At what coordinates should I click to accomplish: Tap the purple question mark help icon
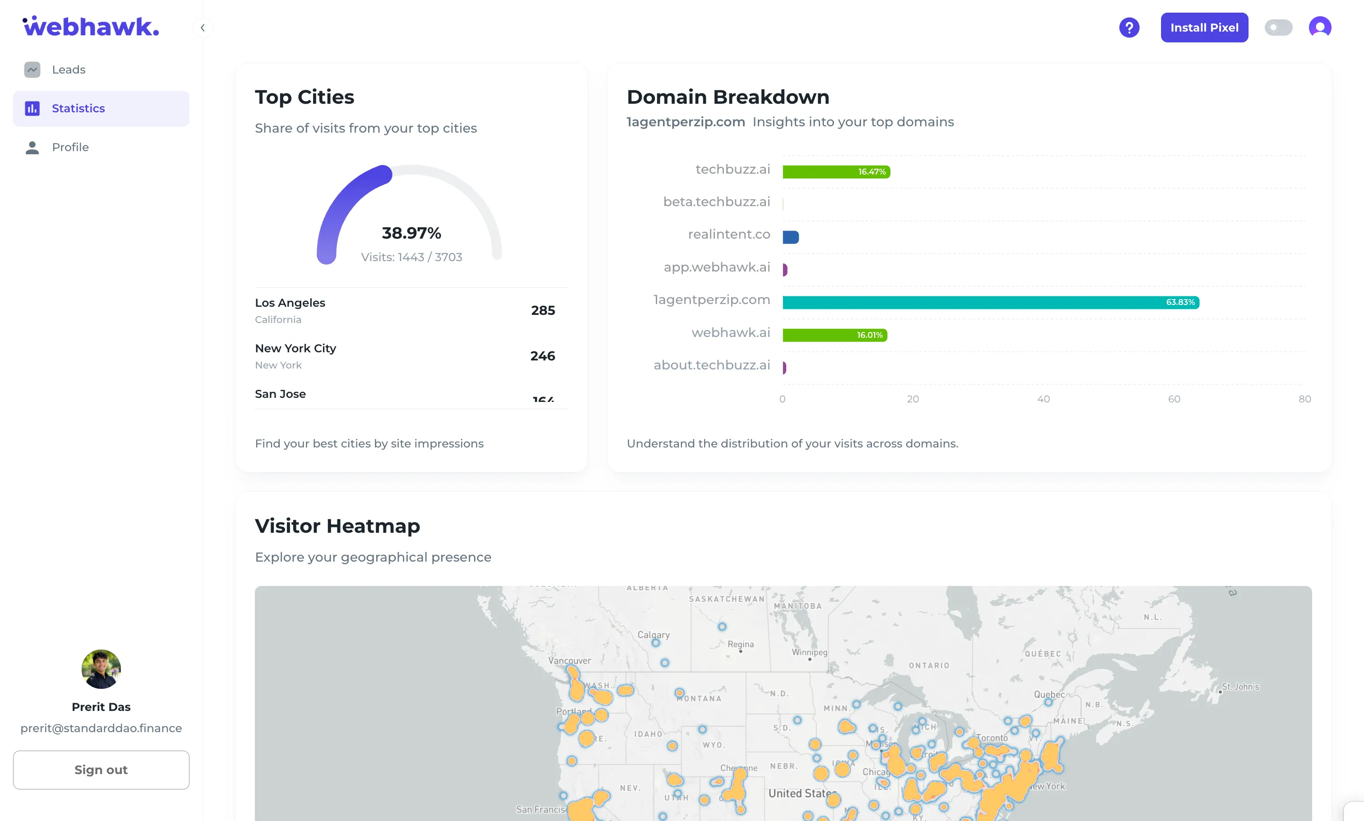(x=1129, y=28)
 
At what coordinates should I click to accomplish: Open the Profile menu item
(x=70, y=147)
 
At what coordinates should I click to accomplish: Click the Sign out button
(x=101, y=770)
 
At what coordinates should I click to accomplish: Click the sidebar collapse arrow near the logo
(x=203, y=28)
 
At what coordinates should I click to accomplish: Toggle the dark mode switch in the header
(x=1278, y=28)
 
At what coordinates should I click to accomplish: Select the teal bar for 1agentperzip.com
(x=990, y=302)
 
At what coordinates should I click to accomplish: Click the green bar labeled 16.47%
(x=836, y=171)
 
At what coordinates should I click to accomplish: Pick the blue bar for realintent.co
(x=790, y=237)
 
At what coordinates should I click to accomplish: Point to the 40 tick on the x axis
(x=1043, y=399)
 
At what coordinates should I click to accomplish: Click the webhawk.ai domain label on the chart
(x=730, y=332)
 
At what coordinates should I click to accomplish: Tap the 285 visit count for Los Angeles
(x=543, y=310)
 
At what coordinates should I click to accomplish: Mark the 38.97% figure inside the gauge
(x=411, y=233)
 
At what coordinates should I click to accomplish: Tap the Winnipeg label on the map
(x=809, y=652)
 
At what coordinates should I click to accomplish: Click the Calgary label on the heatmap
(x=653, y=635)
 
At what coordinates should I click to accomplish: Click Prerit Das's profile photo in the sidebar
(x=101, y=669)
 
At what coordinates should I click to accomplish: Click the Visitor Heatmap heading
(x=337, y=526)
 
